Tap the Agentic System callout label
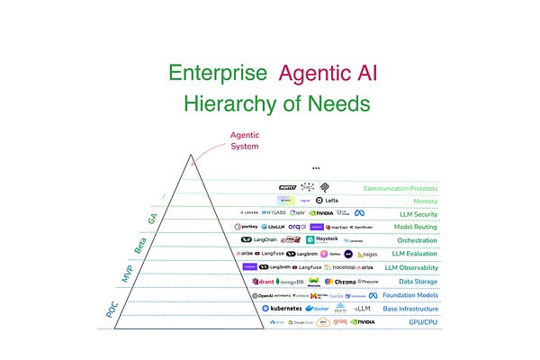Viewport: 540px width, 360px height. (x=244, y=140)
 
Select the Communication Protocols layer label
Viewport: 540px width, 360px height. (x=400, y=189)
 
